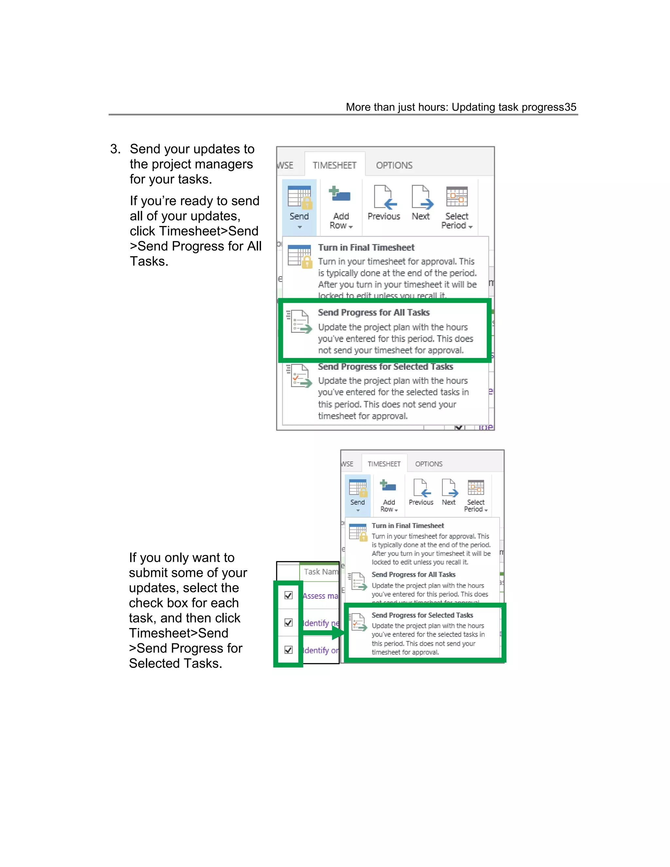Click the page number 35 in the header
pos(570,107)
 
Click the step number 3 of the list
pos(115,149)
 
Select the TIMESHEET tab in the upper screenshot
pos(334,165)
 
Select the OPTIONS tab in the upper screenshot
pos(394,165)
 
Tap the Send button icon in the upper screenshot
pos(299,197)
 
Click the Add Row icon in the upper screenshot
pos(340,195)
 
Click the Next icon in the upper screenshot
pos(421,197)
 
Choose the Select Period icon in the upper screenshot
pos(457,197)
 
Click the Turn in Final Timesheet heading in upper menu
pos(366,248)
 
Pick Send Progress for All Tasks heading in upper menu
pos(374,313)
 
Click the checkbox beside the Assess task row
pos(289,595)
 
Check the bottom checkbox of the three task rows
pos(289,650)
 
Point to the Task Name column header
pos(321,572)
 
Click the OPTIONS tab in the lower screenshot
pos(429,464)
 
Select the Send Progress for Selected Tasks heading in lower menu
pos(422,615)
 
